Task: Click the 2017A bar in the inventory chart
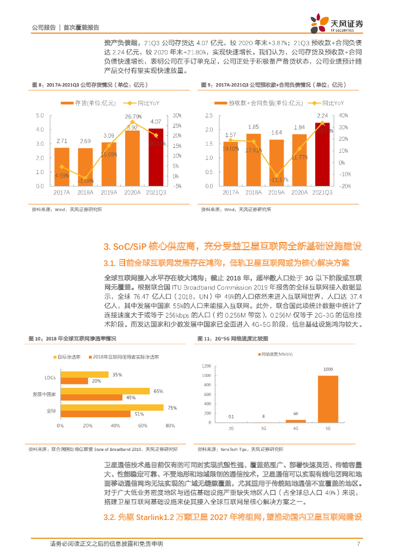coord(62,166)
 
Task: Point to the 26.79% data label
coord(133,116)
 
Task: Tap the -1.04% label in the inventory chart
coord(85,180)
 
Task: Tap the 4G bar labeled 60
coord(295,420)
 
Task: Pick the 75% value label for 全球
coord(171,407)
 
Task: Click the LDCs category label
coord(49,377)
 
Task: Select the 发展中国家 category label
coord(45,394)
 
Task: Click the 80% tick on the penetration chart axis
coord(170,425)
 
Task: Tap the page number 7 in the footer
coord(358,544)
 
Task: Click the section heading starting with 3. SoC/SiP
coord(232,246)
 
